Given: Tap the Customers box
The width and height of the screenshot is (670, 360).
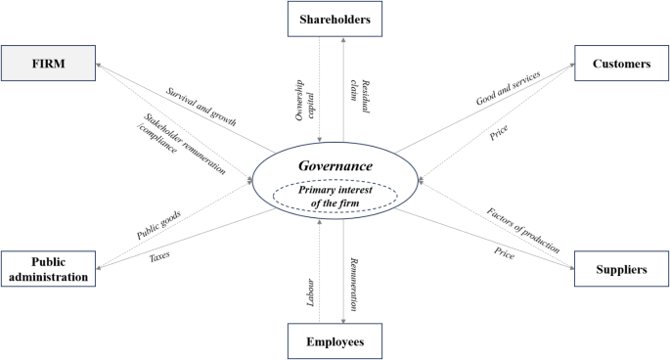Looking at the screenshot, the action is click(x=621, y=64).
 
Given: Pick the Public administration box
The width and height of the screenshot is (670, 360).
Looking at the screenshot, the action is click(x=47, y=269).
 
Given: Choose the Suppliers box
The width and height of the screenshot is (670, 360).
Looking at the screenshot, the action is click(x=621, y=267).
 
